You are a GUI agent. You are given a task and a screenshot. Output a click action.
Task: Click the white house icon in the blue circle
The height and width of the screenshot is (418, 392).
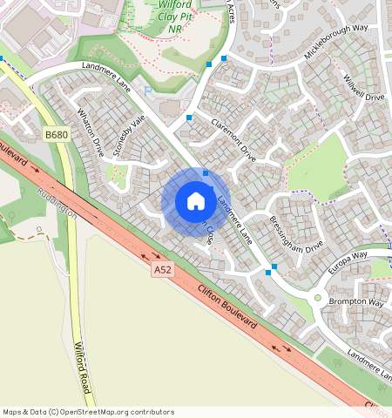click(196, 201)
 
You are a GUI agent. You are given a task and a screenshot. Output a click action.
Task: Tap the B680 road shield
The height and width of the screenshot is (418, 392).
click(56, 135)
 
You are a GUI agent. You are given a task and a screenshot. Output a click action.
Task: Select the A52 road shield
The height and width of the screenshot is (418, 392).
click(163, 270)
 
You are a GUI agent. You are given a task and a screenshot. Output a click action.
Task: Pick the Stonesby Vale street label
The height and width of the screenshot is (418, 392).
click(127, 137)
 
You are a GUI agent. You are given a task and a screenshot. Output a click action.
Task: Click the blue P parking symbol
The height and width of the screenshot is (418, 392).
click(148, 90)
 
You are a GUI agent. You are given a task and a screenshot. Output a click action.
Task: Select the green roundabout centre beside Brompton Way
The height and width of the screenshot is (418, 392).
click(318, 299)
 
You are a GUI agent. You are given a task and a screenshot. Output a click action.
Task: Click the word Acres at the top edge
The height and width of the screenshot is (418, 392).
click(230, 10)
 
